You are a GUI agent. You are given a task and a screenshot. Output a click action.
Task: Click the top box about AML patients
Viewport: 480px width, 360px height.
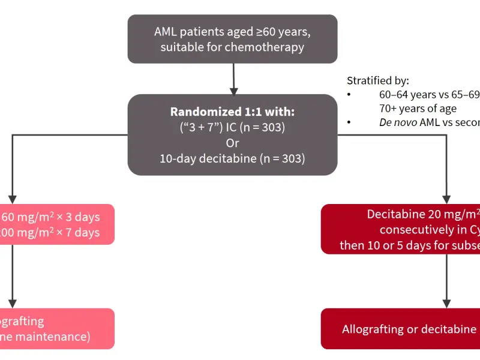click(x=232, y=38)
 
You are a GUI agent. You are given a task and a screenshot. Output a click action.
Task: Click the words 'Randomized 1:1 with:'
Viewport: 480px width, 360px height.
click(x=232, y=112)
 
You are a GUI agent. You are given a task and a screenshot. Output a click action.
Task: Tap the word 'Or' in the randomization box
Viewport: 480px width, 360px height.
click(x=232, y=143)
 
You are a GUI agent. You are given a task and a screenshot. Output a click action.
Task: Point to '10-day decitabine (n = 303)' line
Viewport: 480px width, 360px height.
click(x=232, y=159)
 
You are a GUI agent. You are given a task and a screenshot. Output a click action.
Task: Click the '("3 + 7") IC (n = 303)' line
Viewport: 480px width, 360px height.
click(x=232, y=128)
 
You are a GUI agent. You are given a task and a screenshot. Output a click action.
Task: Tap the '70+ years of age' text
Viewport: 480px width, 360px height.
click(x=418, y=109)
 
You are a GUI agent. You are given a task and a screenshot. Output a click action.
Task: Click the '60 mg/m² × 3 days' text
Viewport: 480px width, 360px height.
click(x=50, y=217)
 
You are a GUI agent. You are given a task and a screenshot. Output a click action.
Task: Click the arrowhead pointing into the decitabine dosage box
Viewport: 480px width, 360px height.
click(x=446, y=199)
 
